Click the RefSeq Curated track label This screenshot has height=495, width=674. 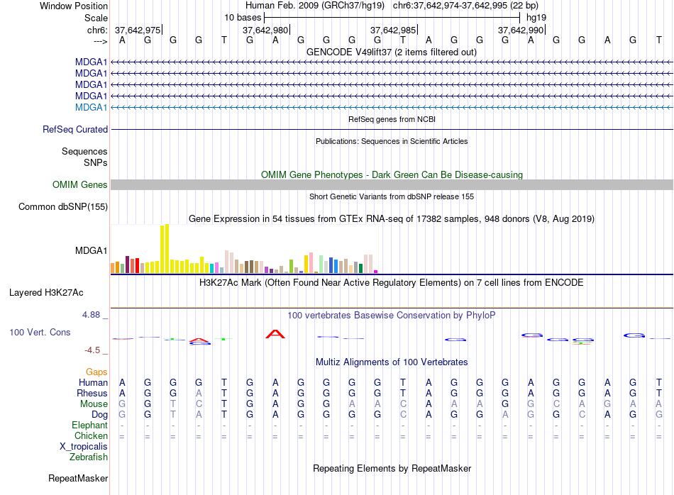click(x=75, y=130)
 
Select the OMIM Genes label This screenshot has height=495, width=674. click(x=80, y=185)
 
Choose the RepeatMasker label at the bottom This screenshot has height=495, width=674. click(x=78, y=479)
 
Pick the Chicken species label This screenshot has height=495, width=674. click(x=91, y=436)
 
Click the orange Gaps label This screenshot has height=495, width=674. click(x=96, y=372)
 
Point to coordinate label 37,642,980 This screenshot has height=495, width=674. click(x=265, y=30)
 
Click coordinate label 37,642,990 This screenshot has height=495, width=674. click(x=521, y=30)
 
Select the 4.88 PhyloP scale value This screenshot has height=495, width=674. click(x=95, y=315)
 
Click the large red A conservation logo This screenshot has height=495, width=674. click(x=275, y=333)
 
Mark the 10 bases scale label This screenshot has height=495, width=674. click(x=243, y=17)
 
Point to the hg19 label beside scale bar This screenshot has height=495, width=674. click(x=536, y=17)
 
